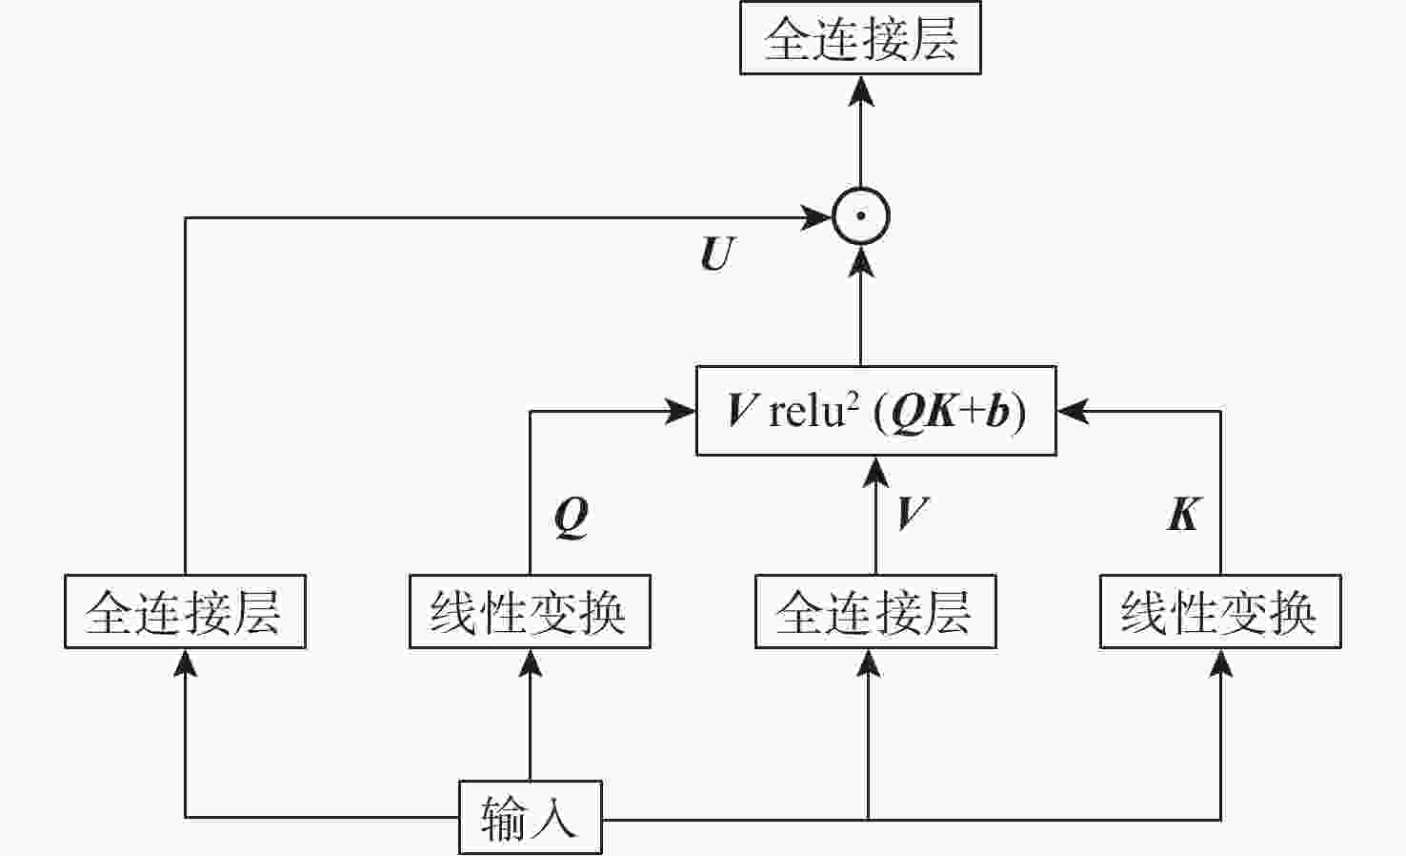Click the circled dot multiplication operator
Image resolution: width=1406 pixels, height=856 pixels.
861,216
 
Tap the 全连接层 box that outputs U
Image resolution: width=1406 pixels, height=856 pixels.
185,611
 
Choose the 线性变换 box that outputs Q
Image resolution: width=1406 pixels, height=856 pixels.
530,611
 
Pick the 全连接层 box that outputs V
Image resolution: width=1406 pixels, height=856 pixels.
874,611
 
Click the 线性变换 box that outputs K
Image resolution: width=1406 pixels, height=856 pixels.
1220,611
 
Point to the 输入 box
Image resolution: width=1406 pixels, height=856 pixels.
530,817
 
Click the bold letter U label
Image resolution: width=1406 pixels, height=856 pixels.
717,255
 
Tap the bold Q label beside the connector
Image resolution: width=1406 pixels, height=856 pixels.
572,518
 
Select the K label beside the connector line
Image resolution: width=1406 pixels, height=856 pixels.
1183,515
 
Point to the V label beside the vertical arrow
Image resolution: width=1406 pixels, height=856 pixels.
911,514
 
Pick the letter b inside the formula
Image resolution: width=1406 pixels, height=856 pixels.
997,412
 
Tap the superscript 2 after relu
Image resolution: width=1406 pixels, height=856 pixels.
853,400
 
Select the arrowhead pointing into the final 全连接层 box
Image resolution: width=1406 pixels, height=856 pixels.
861,91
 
